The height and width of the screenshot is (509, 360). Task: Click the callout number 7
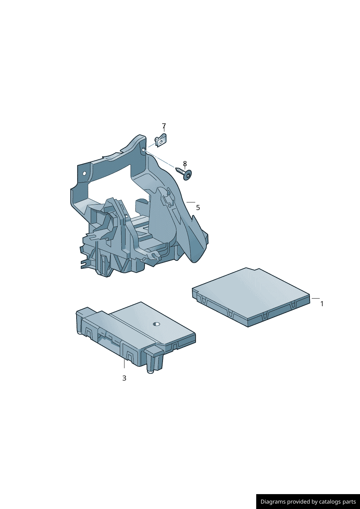[164, 126]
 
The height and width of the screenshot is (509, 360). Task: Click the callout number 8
[185, 164]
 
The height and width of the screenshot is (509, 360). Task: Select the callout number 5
[198, 208]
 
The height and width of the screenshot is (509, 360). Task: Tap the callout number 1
[322, 304]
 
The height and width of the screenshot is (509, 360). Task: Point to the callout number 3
[124, 378]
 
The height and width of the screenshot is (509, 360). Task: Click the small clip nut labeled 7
[160, 140]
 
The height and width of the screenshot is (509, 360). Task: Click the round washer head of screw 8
[187, 175]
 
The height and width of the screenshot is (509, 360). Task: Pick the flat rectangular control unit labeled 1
[251, 297]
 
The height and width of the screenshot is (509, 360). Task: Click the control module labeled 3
[136, 336]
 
